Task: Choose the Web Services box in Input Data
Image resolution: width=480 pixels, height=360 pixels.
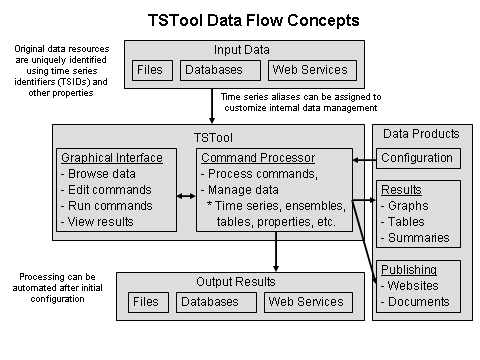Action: point(309,71)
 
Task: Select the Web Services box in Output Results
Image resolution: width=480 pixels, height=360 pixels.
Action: point(304,301)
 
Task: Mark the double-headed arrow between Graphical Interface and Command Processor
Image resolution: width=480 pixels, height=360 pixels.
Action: point(186,195)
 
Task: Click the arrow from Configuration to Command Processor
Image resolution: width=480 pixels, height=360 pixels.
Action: point(361,157)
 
